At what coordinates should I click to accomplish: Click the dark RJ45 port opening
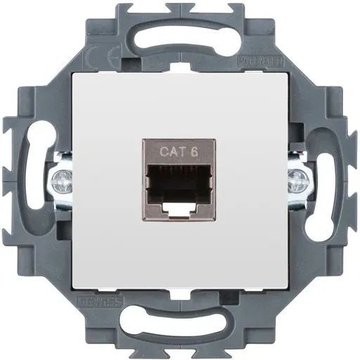click(x=181, y=181)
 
